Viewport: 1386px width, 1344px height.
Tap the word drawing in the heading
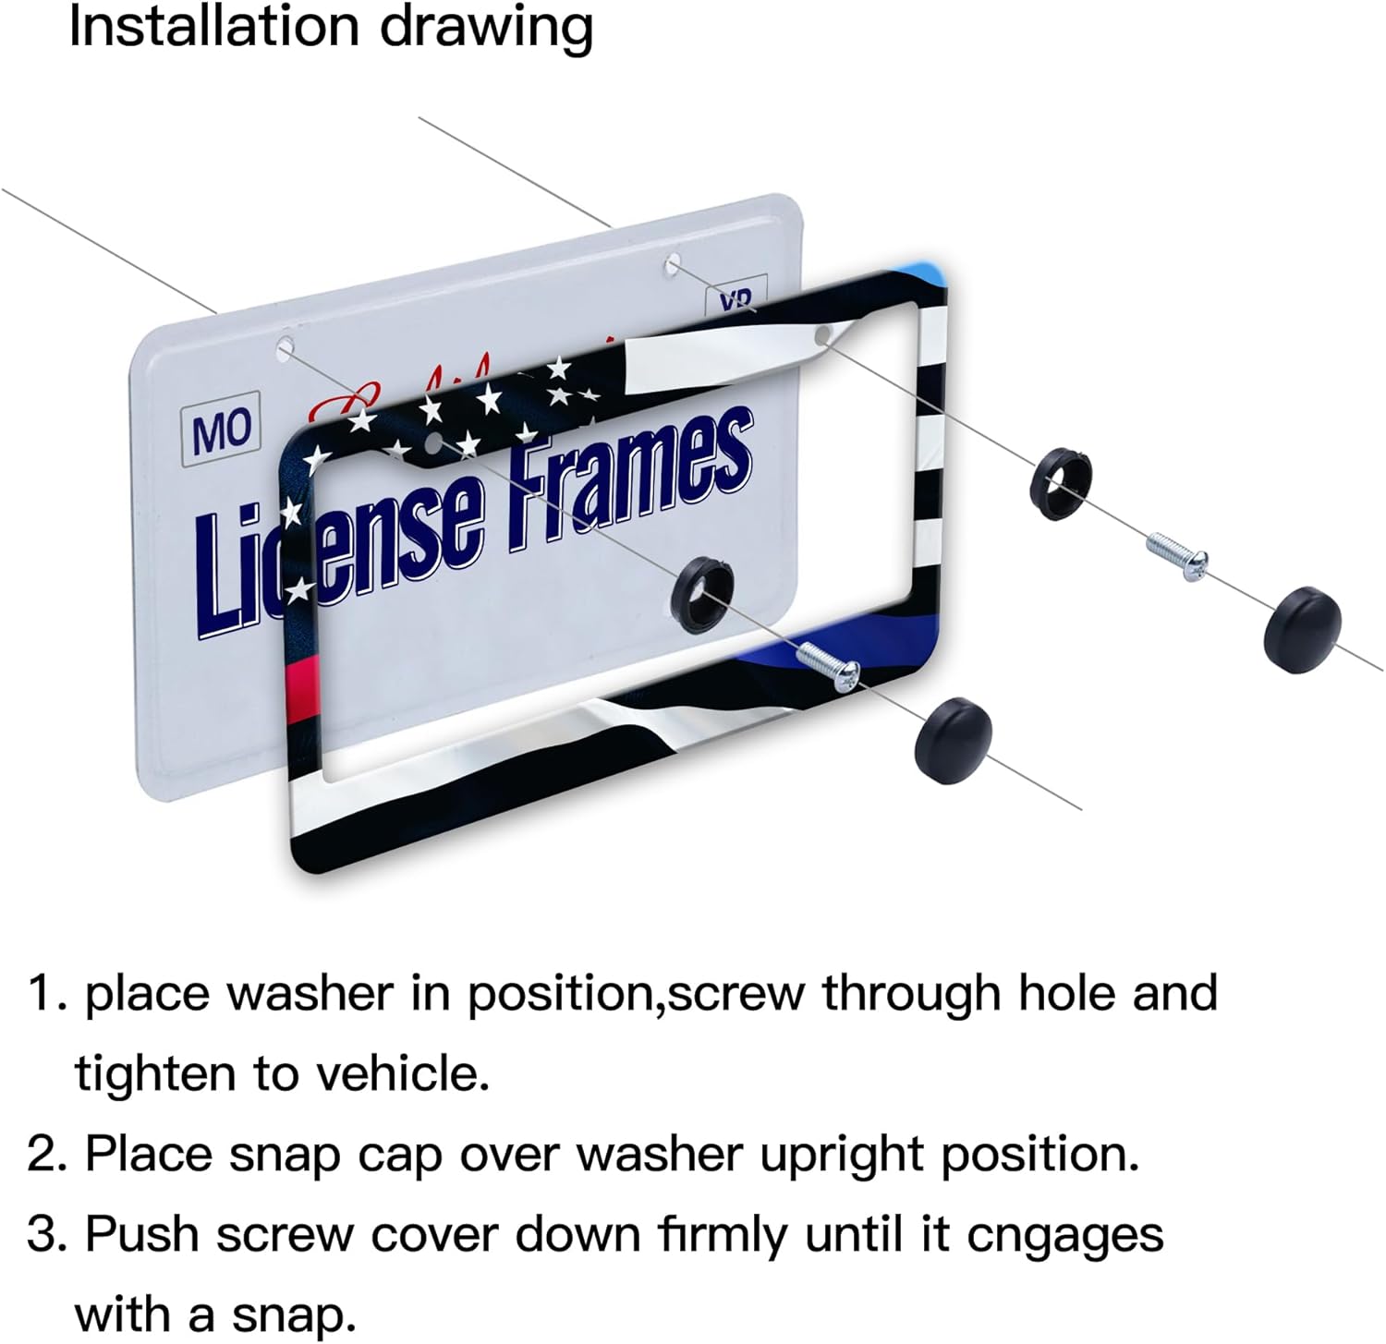click(487, 29)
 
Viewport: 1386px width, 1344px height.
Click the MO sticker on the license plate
click(221, 430)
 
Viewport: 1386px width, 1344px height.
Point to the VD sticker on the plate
click(736, 298)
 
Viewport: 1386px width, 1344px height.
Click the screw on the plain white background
click(1177, 556)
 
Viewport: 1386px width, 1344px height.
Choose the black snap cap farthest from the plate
click(1303, 628)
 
